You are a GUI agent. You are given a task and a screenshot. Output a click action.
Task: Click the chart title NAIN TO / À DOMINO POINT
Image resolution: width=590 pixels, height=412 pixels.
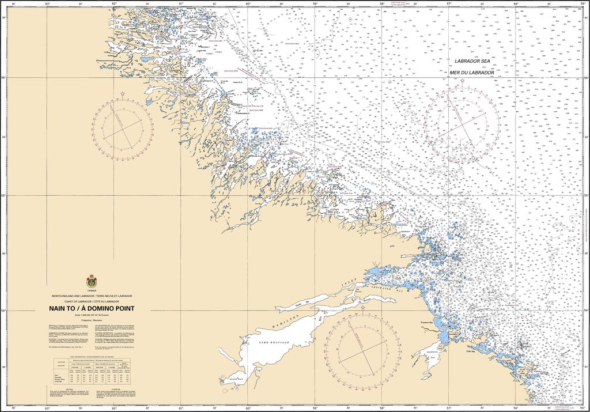coord(92,308)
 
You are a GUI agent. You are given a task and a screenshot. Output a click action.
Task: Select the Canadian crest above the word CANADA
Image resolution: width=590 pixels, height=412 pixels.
coord(92,282)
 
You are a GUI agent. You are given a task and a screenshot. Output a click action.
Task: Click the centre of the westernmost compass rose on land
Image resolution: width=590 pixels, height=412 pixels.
coord(122,127)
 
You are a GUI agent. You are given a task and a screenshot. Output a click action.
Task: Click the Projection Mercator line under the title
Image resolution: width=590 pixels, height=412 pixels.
coord(92,319)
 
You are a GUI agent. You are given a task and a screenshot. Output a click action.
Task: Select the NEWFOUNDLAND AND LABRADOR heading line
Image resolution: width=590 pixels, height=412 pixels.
coord(92,296)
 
